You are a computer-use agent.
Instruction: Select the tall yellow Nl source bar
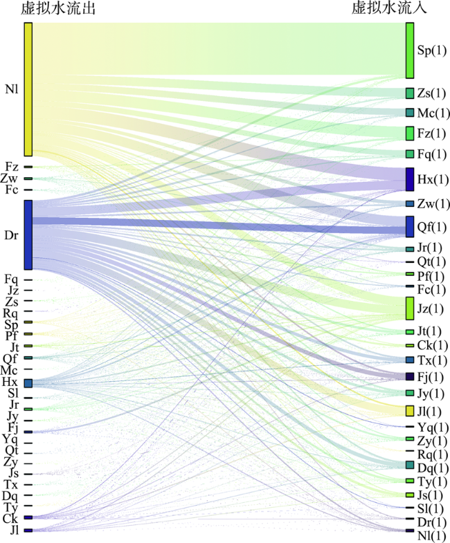coord(28,89)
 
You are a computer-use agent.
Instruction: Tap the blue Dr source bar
coord(28,234)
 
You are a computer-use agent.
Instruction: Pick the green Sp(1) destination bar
coord(410,50)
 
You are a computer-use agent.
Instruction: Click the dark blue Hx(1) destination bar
coord(410,179)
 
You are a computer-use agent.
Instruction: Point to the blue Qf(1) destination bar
coord(410,226)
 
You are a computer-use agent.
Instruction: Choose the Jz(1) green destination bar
coord(410,308)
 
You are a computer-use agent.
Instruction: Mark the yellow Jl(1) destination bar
coord(410,411)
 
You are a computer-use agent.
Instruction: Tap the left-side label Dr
coord(11,235)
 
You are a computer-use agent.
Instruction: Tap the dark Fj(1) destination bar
coord(410,376)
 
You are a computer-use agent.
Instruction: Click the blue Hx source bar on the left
coord(28,383)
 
